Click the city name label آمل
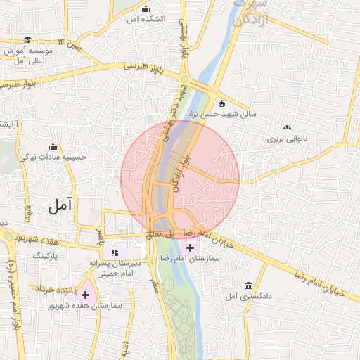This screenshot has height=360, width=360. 62,206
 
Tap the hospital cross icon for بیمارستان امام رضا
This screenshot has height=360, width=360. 190,248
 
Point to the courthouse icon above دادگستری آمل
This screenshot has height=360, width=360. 248,285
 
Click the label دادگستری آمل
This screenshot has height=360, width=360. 243,297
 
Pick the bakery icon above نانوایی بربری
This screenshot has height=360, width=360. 287,128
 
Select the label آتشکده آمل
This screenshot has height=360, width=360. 146,19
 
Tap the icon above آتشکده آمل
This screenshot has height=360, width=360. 146,8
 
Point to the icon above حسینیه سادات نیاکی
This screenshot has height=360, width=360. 53,147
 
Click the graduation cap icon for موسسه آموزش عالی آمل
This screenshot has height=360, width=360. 27,40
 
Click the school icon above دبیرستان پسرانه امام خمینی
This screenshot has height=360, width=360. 115,252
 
